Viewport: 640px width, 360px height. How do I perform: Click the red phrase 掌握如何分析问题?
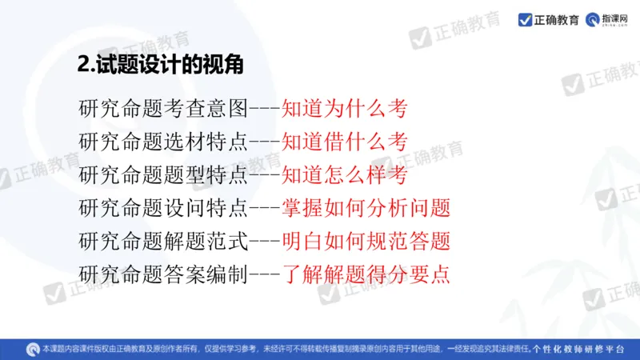pos(366,208)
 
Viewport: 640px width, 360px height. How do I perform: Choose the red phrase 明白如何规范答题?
pos(366,241)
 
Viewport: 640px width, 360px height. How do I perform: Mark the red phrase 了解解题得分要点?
pos(366,274)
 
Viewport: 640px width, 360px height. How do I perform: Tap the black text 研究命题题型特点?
pos(164,175)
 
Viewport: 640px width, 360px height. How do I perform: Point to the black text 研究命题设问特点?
pos(164,208)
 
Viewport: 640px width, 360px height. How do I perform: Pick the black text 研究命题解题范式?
pos(164,241)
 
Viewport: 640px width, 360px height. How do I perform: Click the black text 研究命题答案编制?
pos(164,274)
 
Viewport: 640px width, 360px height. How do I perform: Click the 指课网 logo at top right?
pos(610,19)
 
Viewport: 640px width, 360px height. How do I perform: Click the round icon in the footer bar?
pos(33,349)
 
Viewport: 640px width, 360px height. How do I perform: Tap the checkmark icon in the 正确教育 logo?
pos(526,19)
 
